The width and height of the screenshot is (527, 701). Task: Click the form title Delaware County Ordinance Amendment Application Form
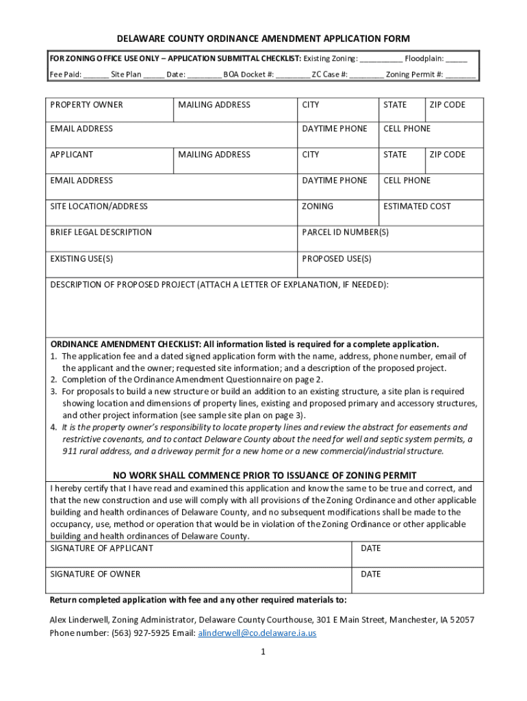[263, 38]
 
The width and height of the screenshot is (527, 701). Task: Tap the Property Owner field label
[86, 105]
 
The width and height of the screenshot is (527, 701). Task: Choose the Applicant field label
[72, 155]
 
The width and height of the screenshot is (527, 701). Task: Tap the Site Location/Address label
[99, 206]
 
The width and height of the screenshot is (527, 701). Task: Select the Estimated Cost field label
[417, 206]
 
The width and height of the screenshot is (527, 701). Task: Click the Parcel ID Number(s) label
[345, 232]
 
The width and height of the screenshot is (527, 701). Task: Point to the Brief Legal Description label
[101, 232]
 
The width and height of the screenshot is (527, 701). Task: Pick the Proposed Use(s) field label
[337, 259]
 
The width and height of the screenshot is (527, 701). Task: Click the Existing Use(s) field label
[81, 259]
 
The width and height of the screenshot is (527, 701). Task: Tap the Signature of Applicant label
[101, 548]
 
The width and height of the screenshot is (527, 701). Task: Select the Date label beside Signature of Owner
[370, 574]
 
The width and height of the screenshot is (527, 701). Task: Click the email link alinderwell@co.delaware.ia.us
[257, 633]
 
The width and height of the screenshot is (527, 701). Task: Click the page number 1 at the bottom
[262, 652]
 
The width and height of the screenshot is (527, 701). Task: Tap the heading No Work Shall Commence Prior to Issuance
[264, 476]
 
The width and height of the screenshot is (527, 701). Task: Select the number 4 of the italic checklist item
[53, 427]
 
